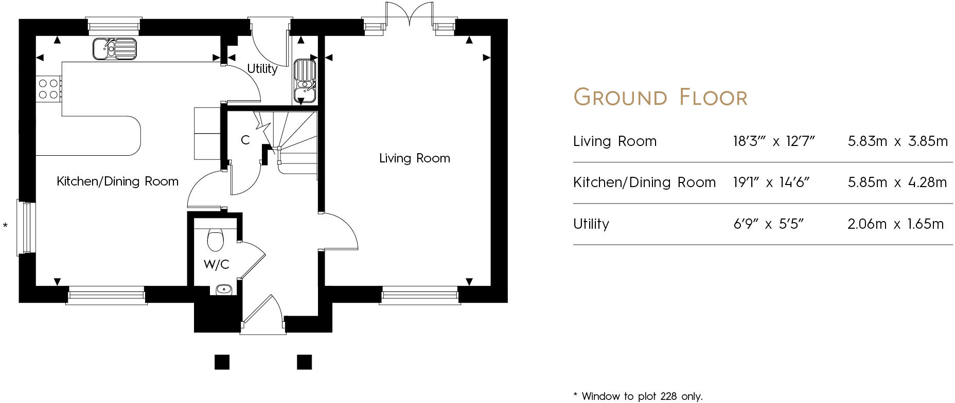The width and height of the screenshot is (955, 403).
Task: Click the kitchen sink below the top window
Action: point(115,49)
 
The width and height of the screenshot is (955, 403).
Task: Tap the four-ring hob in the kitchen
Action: point(48,89)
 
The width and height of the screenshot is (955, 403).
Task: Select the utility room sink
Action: point(305,81)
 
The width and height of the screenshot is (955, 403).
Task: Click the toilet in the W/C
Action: point(216,239)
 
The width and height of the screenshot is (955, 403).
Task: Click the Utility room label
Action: point(262,68)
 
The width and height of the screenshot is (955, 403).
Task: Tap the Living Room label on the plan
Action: point(414,158)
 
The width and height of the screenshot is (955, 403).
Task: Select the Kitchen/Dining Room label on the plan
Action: point(117,181)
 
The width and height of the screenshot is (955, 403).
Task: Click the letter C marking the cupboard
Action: point(245,140)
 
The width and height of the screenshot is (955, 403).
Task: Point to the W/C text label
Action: point(216,265)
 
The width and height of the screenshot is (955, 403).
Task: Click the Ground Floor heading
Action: point(660,97)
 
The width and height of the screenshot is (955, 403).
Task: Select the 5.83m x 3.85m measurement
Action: point(897,141)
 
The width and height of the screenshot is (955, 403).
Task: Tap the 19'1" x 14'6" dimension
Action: point(771,182)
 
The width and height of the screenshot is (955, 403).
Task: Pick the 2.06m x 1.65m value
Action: point(895,224)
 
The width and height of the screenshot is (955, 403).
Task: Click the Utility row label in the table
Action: point(591,224)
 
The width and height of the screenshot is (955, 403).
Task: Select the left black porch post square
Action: point(222,362)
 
